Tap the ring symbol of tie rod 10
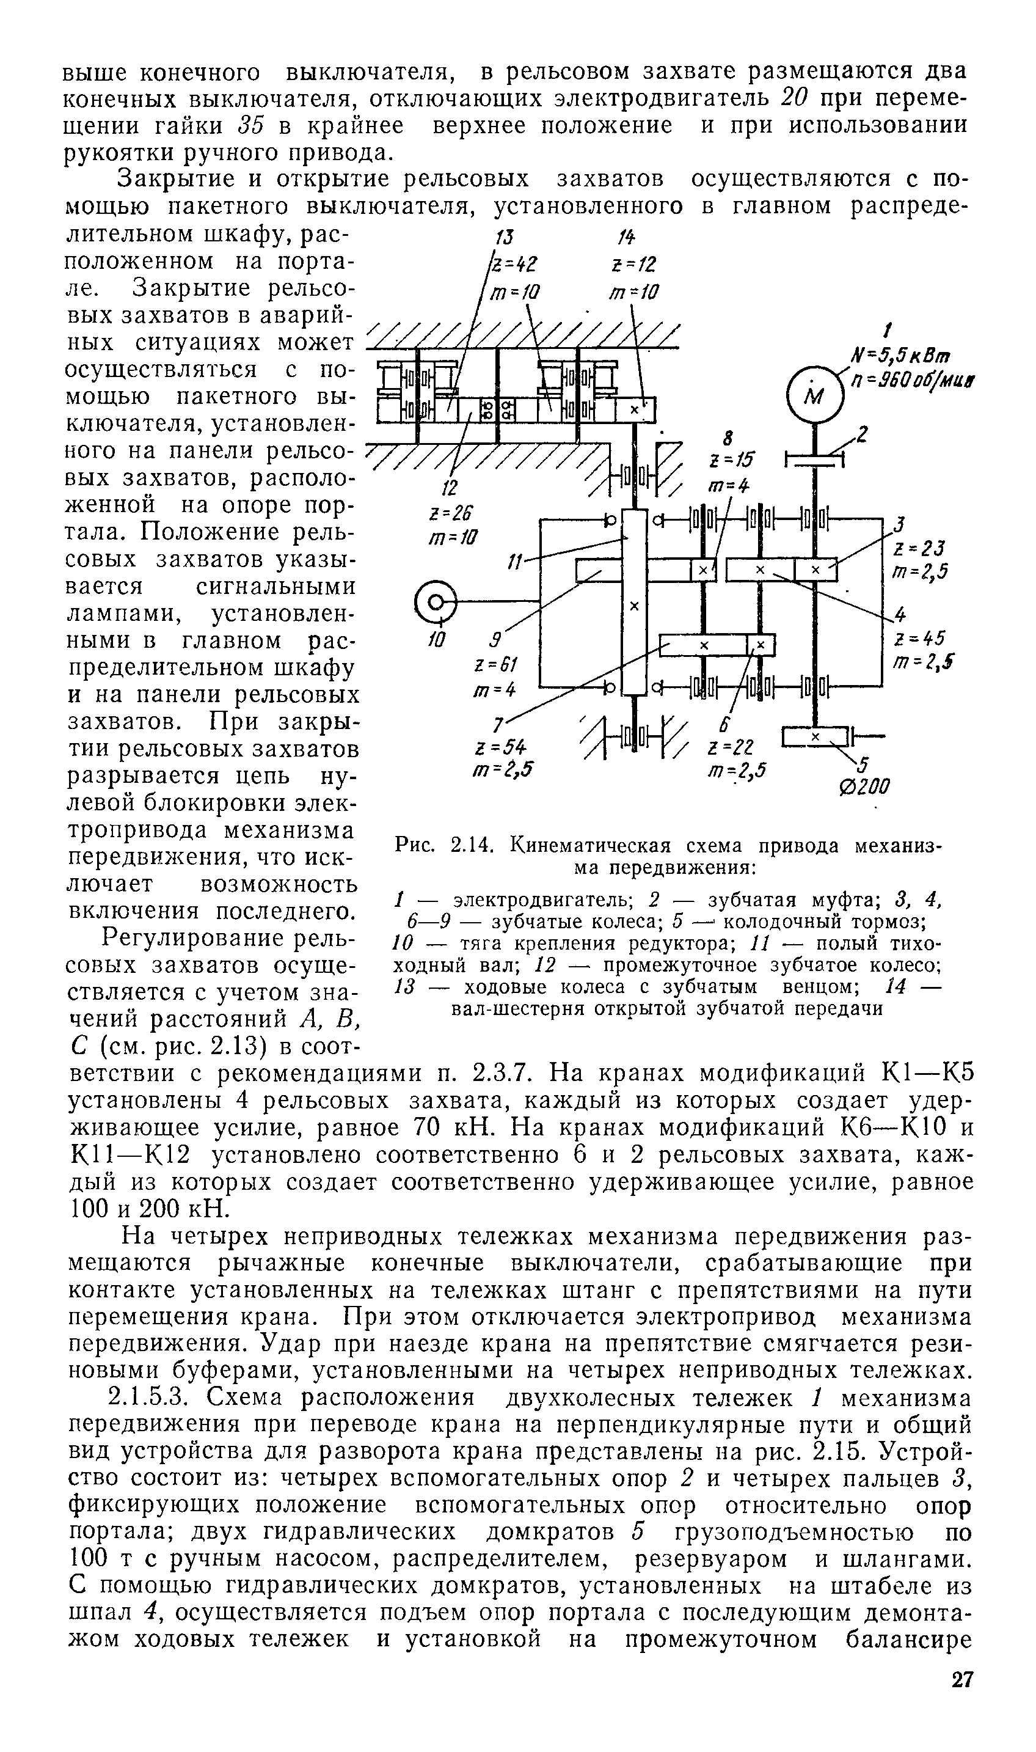[x=436, y=601]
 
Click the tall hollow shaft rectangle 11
[x=634, y=601]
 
